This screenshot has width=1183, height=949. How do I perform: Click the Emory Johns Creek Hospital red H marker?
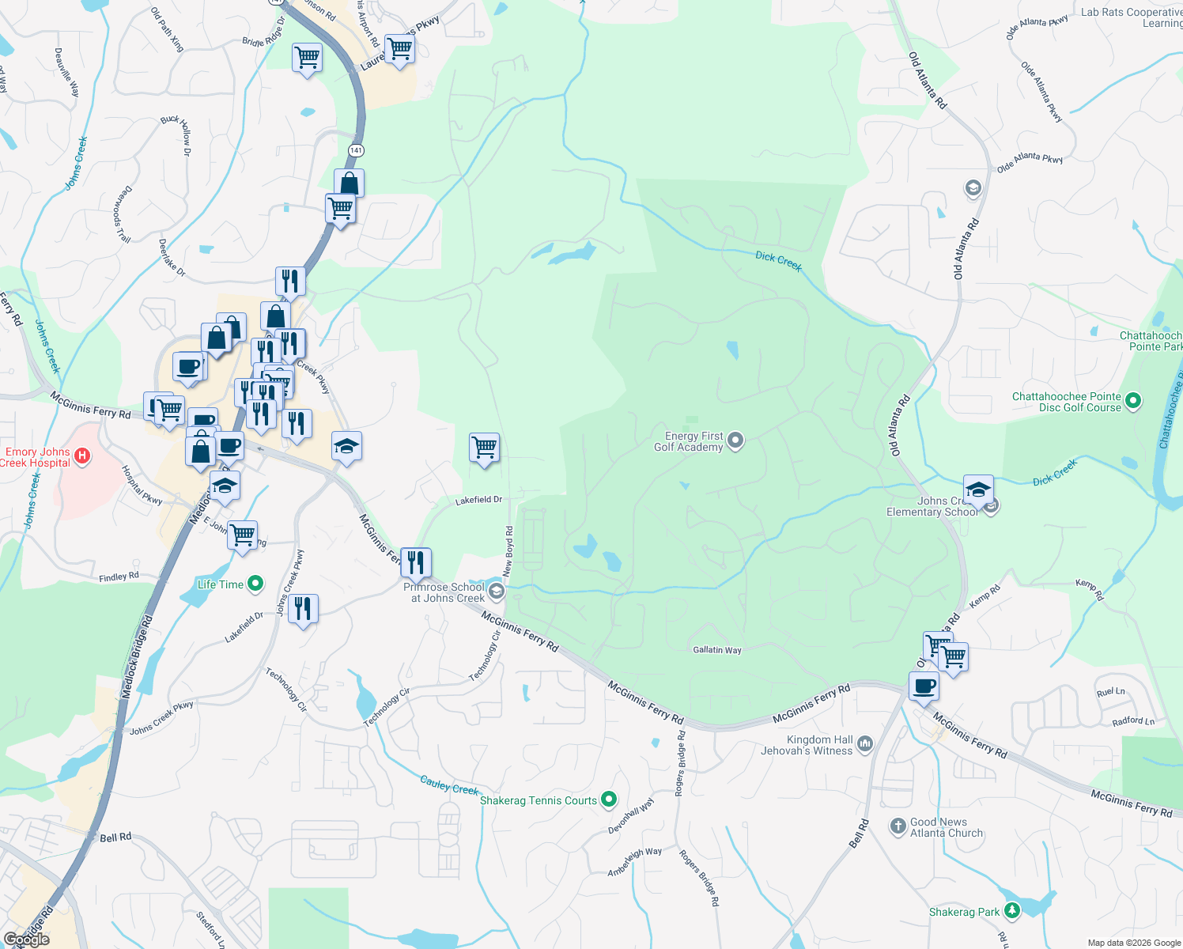82,456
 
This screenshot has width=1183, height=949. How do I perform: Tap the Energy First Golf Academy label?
689,441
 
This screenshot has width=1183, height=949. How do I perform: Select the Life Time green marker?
255,584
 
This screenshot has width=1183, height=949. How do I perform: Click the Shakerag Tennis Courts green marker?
608,800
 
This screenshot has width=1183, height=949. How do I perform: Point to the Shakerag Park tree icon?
1011,911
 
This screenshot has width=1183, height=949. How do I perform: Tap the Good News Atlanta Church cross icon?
898,826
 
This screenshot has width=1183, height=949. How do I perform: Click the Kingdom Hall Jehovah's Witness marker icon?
864,743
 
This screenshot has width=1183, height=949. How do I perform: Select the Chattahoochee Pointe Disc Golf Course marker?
1132,401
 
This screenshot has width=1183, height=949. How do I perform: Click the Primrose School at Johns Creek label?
444,592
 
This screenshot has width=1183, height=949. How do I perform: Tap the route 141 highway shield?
356,150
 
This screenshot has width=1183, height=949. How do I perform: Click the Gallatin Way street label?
717,650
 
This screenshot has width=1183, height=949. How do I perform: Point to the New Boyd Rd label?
509,550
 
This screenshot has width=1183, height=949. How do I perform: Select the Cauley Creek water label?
449,785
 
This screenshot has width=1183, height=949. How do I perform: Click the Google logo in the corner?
26,940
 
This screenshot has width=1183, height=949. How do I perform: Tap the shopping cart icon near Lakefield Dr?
484,448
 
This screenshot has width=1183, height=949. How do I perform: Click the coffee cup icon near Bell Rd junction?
924,686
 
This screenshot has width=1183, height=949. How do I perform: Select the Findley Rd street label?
119,577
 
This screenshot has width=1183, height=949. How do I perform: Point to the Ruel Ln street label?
1110,692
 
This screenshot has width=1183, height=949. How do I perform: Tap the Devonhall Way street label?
631,816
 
